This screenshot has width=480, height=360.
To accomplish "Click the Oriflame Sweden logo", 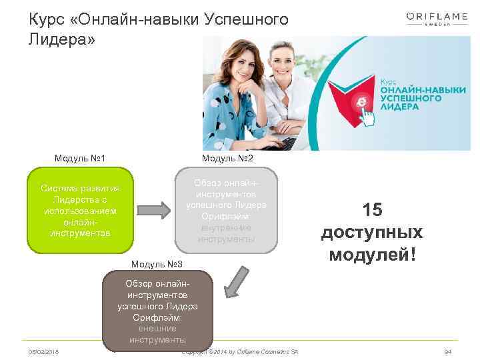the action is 437,18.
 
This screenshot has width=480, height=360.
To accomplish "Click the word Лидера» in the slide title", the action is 62,39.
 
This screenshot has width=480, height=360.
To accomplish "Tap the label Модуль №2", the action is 227,158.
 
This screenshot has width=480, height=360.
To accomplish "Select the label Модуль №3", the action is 158,266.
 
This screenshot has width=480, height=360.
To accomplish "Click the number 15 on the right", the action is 372,210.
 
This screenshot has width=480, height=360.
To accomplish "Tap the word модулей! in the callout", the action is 372,255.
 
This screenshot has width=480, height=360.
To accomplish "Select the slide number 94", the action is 447,351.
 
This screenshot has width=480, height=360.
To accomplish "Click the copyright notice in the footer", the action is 239,351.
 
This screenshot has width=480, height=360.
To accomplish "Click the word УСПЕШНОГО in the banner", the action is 409,98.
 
